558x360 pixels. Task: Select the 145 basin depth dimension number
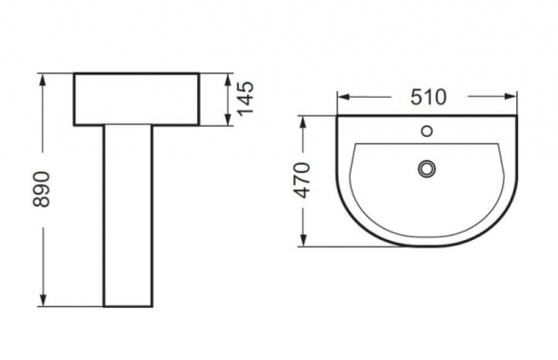[x=246, y=98]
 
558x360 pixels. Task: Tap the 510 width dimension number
[x=426, y=96]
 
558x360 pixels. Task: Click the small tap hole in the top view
[x=428, y=131]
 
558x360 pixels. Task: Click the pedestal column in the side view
[x=127, y=214]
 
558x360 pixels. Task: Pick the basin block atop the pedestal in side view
[x=136, y=99]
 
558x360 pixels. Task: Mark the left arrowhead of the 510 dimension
[x=342, y=96]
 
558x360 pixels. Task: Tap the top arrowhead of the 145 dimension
[x=229, y=78]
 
